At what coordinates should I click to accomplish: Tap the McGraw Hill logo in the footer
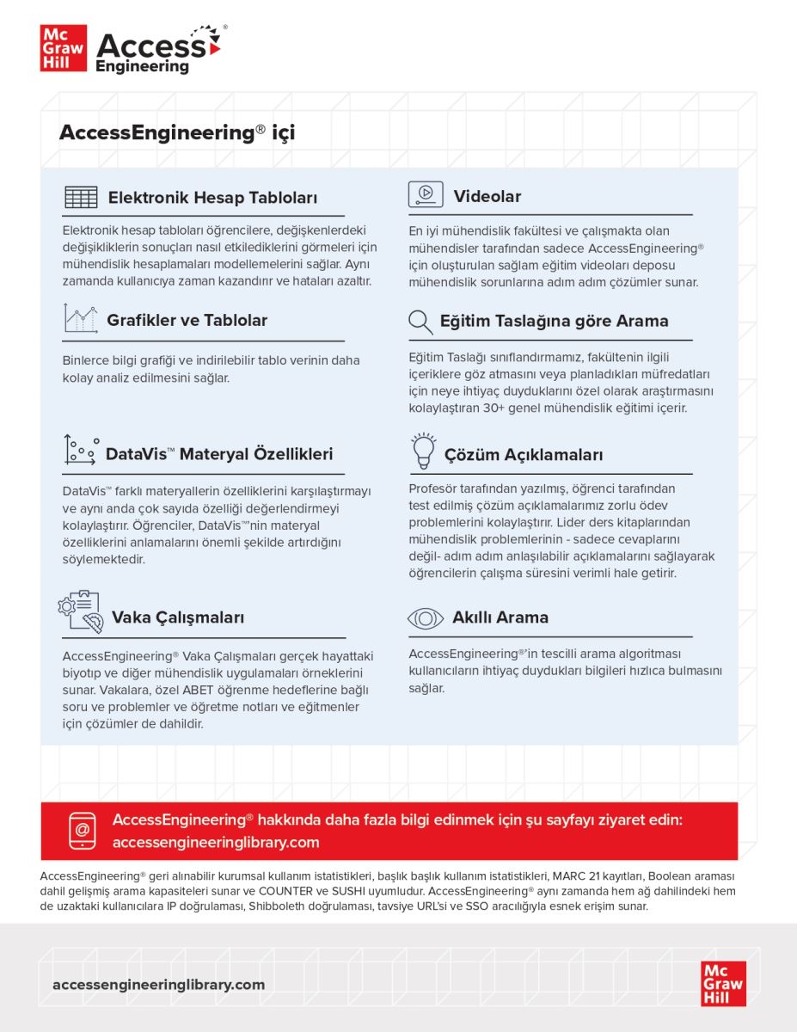point(723,983)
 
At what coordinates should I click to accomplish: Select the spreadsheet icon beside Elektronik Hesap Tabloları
point(81,197)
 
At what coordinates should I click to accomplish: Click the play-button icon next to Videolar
point(426,194)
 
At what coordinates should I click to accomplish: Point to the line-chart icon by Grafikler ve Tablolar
point(80,318)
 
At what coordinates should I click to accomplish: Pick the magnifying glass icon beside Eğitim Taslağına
point(420,322)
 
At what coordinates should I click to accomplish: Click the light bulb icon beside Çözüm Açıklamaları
point(422,451)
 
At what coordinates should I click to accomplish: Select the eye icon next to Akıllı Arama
point(425,617)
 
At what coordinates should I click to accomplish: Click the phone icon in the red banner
point(82,831)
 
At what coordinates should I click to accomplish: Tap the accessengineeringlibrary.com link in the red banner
point(216,843)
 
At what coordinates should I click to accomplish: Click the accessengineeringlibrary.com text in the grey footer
point(158,985)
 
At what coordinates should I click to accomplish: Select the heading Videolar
point(487,197)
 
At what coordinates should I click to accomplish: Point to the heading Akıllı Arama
point(500,617)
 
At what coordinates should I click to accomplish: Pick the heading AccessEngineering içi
point(176,133)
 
